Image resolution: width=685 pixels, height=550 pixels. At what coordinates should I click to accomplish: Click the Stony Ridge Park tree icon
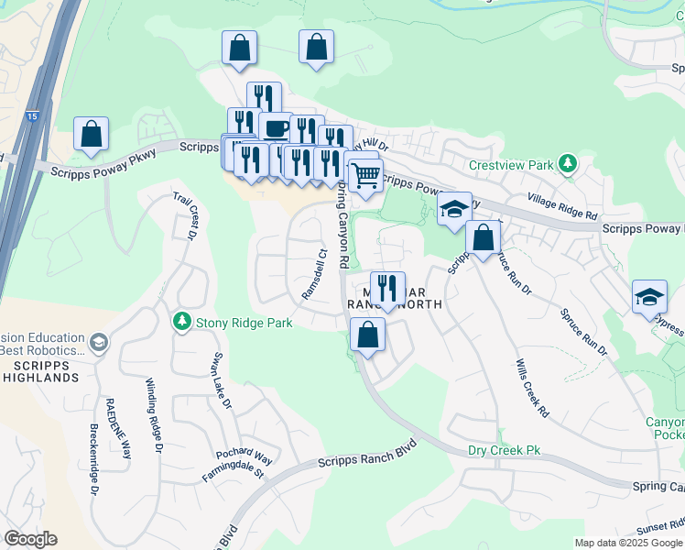[182, 322]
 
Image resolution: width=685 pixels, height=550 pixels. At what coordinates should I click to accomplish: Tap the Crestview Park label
[512, 165]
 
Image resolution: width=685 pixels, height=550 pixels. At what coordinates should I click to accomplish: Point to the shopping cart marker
[365, 174]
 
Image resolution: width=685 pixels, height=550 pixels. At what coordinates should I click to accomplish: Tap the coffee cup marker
[275, 128]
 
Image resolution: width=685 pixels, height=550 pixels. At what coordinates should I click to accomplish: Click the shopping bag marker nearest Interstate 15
[92, 134]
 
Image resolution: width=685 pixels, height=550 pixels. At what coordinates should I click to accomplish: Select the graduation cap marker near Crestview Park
[453, 209]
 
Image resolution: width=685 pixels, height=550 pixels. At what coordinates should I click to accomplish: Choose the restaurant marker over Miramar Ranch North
[387, 287]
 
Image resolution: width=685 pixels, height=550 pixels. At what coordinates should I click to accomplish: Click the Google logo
[30, 539]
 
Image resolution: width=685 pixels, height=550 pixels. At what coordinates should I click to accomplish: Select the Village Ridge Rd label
[562, 206]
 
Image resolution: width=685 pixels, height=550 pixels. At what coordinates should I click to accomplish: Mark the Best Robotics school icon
[99, 343]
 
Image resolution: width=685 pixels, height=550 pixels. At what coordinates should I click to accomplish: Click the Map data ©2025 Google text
[628, 543]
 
